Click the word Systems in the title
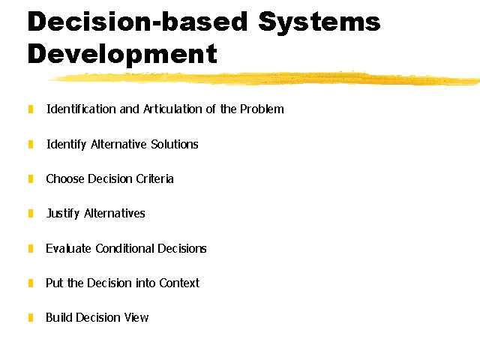pos(319,22)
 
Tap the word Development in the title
pos(122,55)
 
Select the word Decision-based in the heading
pos(138,22)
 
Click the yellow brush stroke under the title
pos(264,78)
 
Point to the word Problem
pos(262,109)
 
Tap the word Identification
pos(81,109)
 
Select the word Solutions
pos(175,144)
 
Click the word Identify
pos(66,145)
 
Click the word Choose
pos(64,178)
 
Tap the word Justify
pos(63,214)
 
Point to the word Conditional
pos(124,248)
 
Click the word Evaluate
pos(68,248)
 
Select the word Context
pos(179,283)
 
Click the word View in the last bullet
pos(136,317)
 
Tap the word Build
pos(58,317)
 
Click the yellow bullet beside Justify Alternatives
pos(31,213)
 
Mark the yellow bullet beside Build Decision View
pos(31,317)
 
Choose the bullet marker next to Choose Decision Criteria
pos(31,178)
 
